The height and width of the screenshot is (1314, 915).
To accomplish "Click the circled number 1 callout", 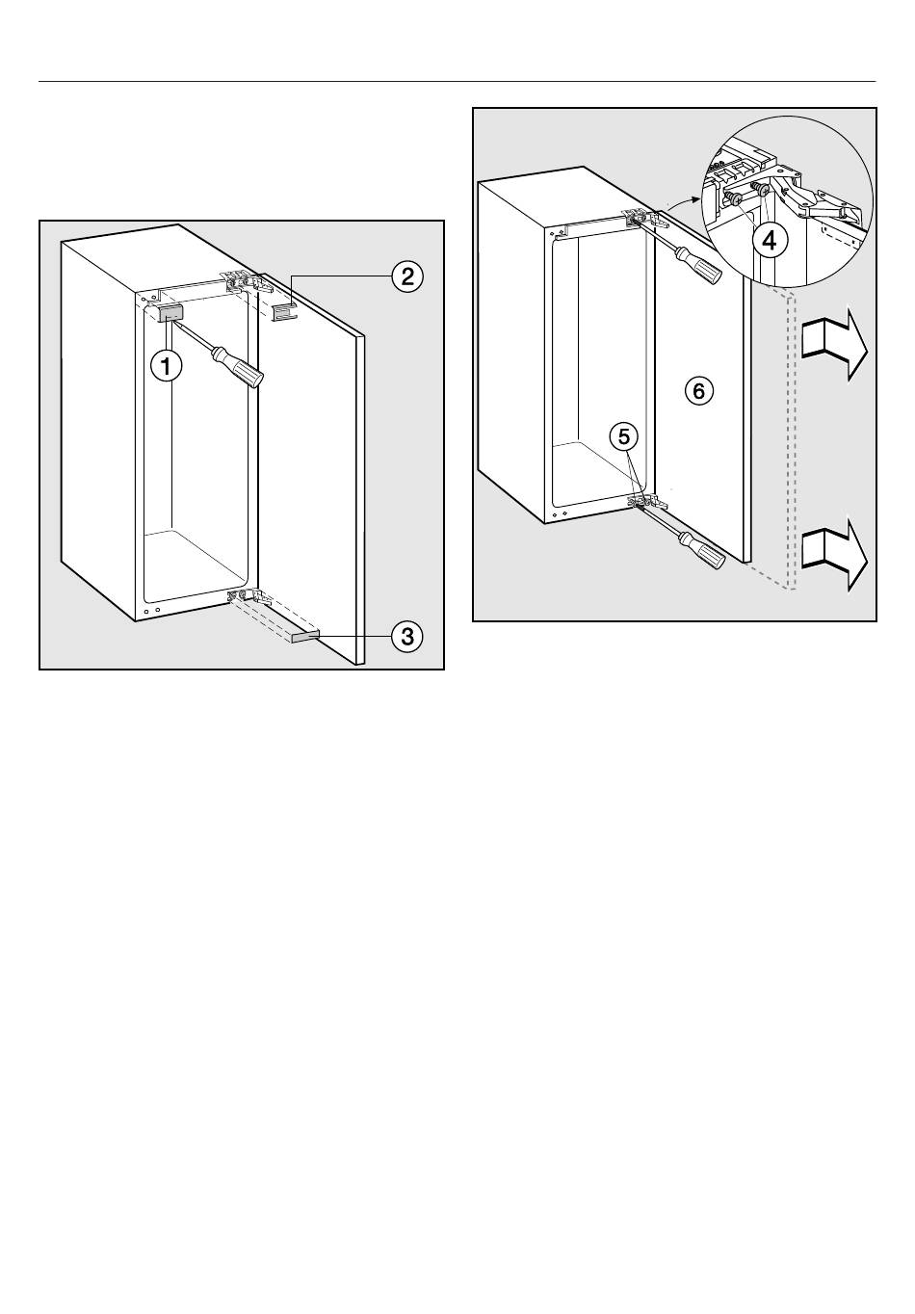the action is click(167, 367).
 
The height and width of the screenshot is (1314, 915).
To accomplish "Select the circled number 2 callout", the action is click(407, 276).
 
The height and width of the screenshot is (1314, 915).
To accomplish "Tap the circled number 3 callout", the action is click(407, 637).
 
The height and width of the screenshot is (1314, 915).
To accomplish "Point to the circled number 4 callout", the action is click(769, 240).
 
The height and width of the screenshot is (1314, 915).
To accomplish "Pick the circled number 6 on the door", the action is click(699, 390).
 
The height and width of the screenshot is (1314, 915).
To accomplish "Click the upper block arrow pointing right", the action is click(834, 349).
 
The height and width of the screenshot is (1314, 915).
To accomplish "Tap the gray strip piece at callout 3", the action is click(304, 637).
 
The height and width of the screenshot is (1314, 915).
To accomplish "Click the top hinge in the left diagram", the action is click(246, 281).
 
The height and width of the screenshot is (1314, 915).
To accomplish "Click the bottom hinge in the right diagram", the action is click(647, 500).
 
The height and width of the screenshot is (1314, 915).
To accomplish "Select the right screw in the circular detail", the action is click(761, 190).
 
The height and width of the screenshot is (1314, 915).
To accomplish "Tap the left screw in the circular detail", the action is click(733, 197).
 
